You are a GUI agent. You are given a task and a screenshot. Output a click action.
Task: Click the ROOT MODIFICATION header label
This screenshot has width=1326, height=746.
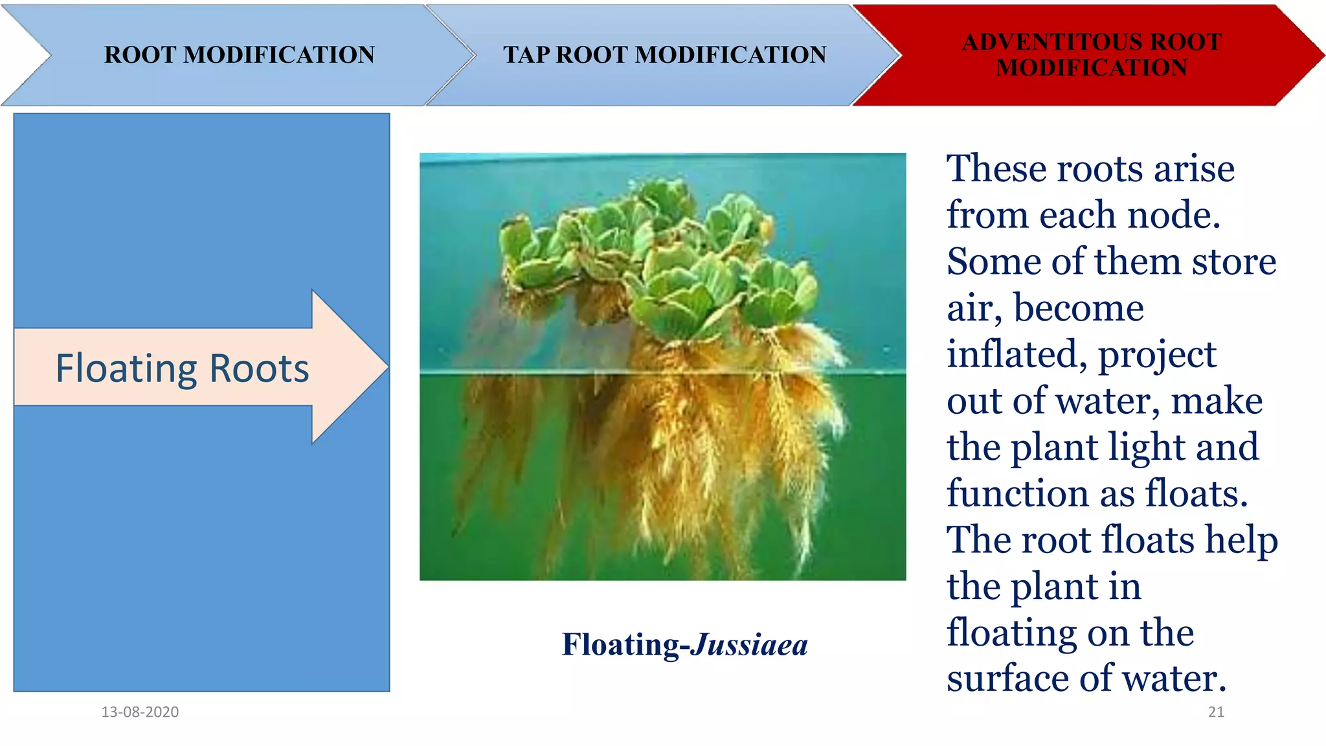240,55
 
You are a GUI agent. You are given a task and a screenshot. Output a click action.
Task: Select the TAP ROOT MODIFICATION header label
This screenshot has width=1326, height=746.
664,55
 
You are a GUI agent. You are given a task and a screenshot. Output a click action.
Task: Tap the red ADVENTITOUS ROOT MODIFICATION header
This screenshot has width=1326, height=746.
1092,55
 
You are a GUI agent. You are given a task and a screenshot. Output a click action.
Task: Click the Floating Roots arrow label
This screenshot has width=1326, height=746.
182,368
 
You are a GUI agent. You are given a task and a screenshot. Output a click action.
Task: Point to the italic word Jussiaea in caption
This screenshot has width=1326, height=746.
749,644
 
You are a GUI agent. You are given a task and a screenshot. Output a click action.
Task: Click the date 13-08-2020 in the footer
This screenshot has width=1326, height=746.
140,712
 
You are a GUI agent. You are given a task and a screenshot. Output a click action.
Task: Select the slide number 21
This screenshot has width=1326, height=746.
1216,712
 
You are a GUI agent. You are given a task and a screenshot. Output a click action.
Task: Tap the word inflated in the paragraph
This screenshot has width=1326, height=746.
1017,355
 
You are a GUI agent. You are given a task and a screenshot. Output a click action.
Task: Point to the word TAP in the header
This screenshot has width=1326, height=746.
526,55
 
